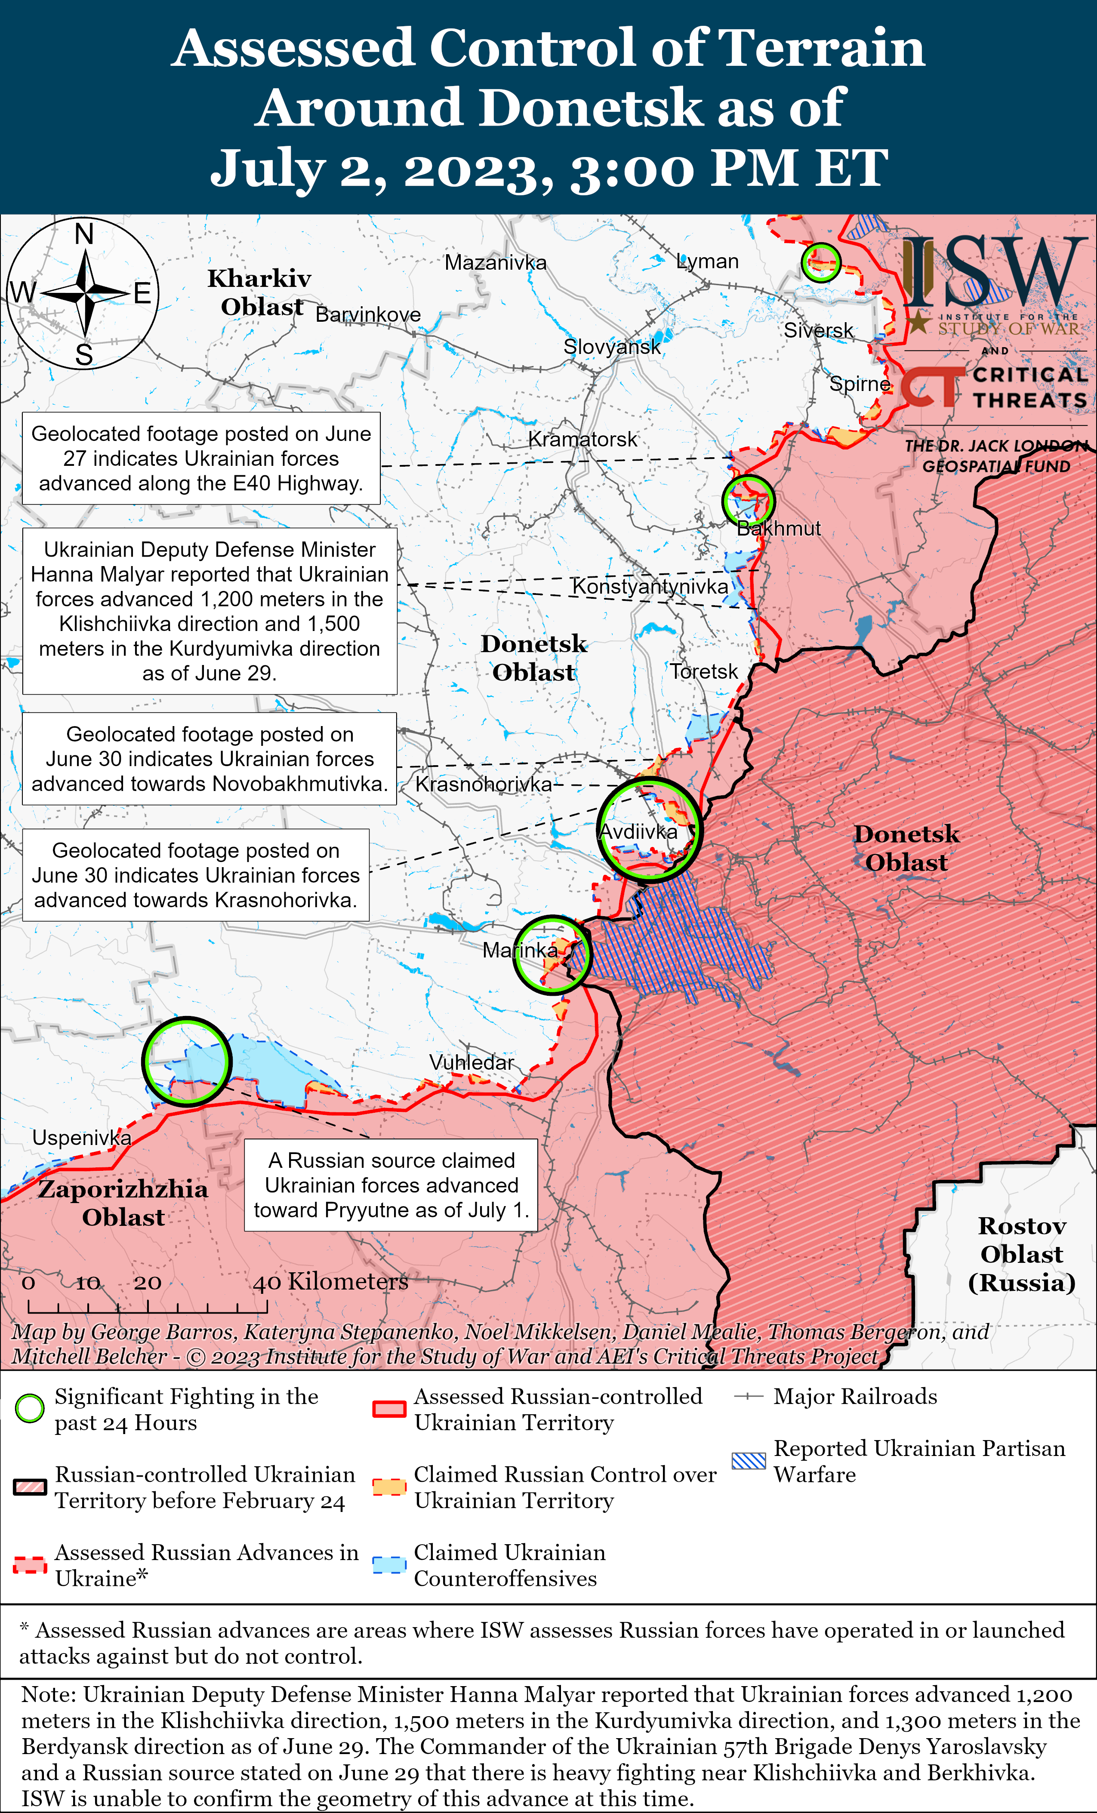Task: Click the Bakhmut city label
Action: [x=778, y=528]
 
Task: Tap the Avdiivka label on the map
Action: [x=638, y=831]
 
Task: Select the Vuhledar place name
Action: [x=471, y=1062]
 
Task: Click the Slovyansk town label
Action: [x=611, y=347]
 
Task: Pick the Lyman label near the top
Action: [x=707, y=261]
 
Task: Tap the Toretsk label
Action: [x=703, y=671]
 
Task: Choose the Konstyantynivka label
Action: [x=650, y=586]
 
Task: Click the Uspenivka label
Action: [x=82, y=1138]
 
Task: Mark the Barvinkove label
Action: [x=368, y=315]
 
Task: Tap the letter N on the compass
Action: [x=84, y=234]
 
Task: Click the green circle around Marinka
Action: [x=552, y=955]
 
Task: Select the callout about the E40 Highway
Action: [x=201, y=459]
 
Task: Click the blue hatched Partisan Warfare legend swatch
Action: [x=749, y=1461]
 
